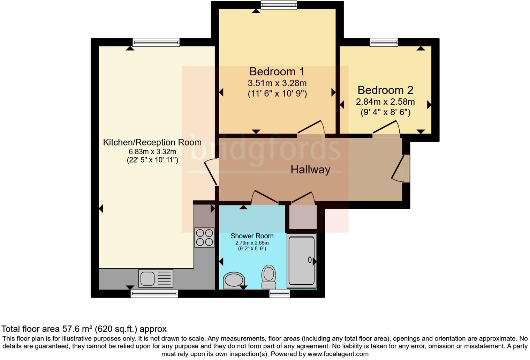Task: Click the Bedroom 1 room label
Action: coord(277,72)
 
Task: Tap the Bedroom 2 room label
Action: coord(385,90)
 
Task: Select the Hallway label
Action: coord(310,170)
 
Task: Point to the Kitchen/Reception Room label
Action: coord(152,142)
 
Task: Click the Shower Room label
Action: coord(252,236)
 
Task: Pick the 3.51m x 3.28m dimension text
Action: coord(277,83)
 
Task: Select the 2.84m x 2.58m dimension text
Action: coord(385,102)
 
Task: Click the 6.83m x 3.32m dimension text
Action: coord(152,152)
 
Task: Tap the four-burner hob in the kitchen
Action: coord(204,237)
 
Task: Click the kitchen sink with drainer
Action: coord(156,278)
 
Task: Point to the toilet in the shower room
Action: coord(268,276)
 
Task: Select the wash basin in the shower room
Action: coord(233,280)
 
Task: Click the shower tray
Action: coord(302,261)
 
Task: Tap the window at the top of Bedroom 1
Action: coord(279,5)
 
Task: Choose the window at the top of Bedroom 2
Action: coord(384,42)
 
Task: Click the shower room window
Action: coord(279,294)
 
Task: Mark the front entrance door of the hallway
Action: coord(401,168)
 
